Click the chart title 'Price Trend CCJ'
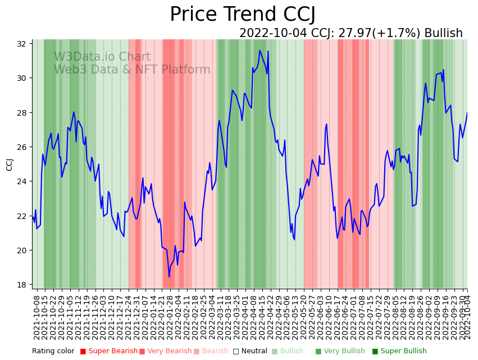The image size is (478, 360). [x=242, y=15]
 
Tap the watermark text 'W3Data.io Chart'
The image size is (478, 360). [x=102, y=57]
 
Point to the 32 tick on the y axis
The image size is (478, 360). [x=24, y=44]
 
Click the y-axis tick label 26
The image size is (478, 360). [x=24, y=147]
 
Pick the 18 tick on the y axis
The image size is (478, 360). [x=24, y=285]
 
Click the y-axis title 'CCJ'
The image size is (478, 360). [x=10, y=165]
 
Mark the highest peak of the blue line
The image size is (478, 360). [x=260, y=51]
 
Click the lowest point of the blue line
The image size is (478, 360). [x=169, y=277]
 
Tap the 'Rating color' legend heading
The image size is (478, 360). [x=53, y=352]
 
